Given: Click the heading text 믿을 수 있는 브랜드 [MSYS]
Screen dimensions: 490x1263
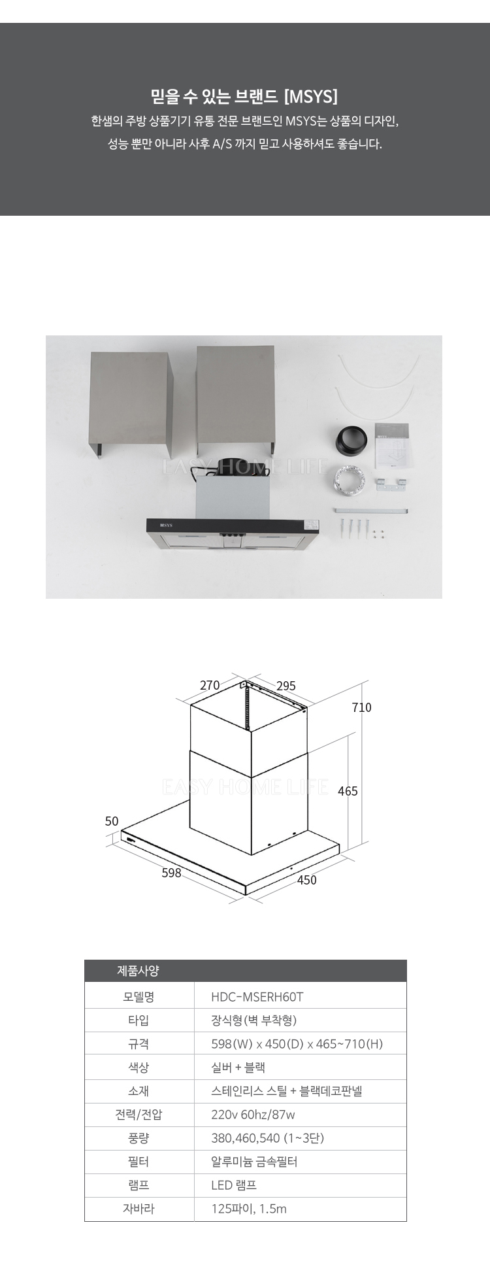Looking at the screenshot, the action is pos(245,97).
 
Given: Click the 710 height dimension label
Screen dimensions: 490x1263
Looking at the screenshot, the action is pos(361,707).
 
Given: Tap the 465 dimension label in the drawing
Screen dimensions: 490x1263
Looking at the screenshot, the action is pos(348,791).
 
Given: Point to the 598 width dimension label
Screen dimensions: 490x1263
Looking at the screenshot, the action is pos(171,873).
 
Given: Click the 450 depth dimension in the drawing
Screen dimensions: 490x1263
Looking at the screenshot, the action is pos(306,880).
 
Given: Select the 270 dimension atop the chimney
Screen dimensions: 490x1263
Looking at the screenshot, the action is pos(210,686).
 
